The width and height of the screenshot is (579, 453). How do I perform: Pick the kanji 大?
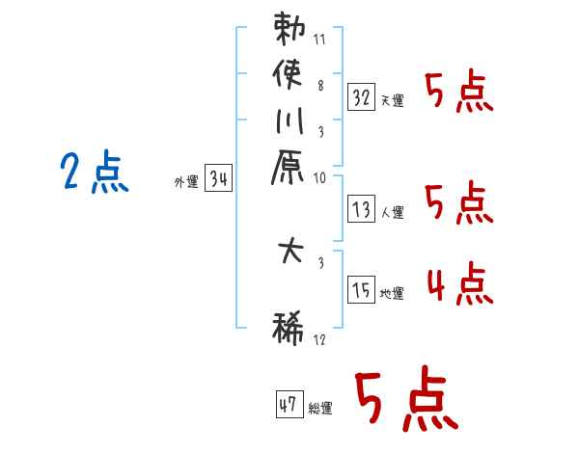[x=290, y=256]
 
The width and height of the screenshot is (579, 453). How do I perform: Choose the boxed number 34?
[x=218, y=178]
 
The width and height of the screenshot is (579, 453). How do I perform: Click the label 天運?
[x=393, y=100]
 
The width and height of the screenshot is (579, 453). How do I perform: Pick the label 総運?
[x=319, y=409]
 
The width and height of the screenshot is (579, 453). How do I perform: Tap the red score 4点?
[x=458, y=284]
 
